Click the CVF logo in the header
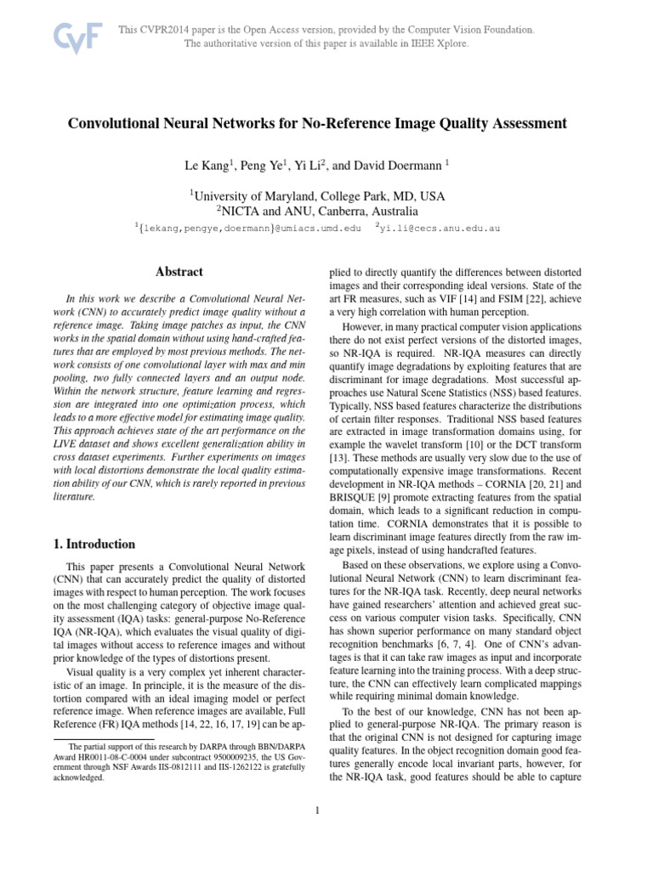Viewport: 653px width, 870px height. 77,37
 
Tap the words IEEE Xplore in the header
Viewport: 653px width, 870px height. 436,43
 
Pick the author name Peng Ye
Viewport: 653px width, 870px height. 266,164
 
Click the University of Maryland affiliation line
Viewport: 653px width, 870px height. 316,195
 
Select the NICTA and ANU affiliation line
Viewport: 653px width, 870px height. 316,211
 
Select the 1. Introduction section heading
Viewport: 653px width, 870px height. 89,544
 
